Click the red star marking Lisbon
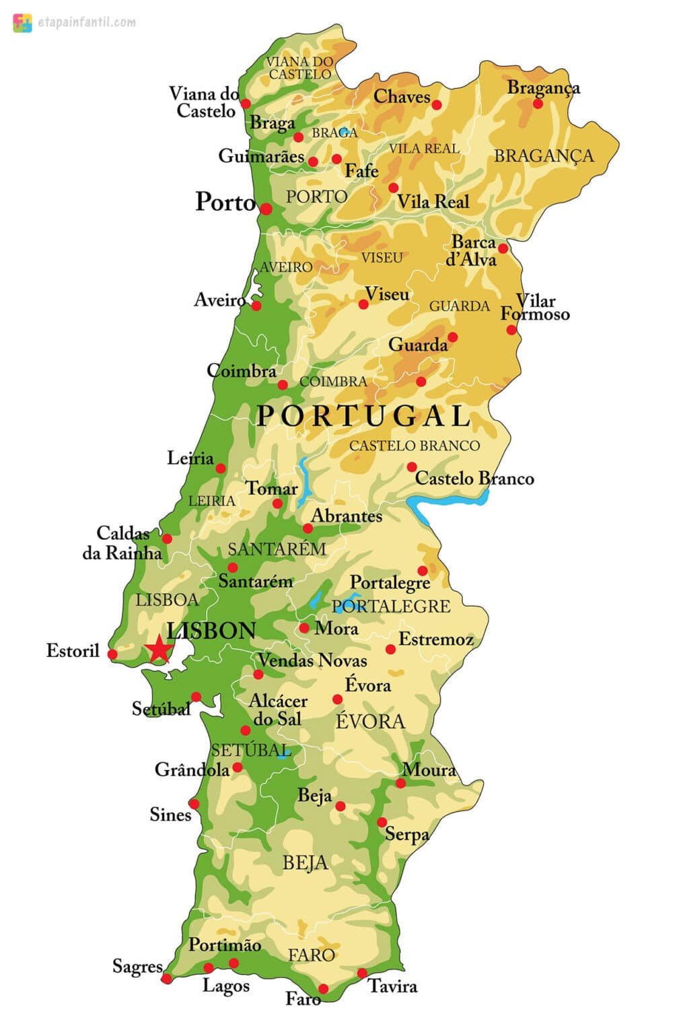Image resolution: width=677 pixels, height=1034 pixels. (x=159, y=650)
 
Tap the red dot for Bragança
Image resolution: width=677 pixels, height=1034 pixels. (x=538, y=104)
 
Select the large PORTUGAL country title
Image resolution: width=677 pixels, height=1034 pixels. (x=363, y=416)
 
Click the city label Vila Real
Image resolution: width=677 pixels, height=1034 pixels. (x=433, y=201)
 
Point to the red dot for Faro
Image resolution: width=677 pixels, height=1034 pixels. (x=323, y=989)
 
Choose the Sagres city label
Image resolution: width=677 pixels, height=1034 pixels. (x=137, y=967)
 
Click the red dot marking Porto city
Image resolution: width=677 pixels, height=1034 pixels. (x=266, y=209)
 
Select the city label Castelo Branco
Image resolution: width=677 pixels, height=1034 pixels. (x=474, y=479)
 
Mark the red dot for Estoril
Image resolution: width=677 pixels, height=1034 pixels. (x=112, y=654)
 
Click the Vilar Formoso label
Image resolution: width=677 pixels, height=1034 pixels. (x=535, y=308)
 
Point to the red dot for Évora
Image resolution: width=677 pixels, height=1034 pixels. (x=338, y=699)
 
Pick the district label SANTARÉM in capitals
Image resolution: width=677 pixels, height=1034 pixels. (x=277, y=549)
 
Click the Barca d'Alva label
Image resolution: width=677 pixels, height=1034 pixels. (x=472, y=251)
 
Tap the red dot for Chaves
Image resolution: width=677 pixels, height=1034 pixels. (x=437, y=105)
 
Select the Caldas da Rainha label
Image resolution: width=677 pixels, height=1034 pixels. (x=122, y=543)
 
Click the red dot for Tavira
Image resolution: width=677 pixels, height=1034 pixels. (x=362, y=973)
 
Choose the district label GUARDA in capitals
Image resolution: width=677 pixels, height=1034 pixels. (x=460, y=306)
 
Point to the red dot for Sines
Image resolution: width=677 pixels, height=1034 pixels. (x=194, y=804)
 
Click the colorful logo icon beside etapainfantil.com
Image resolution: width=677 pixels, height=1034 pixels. (x=22, y=23)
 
